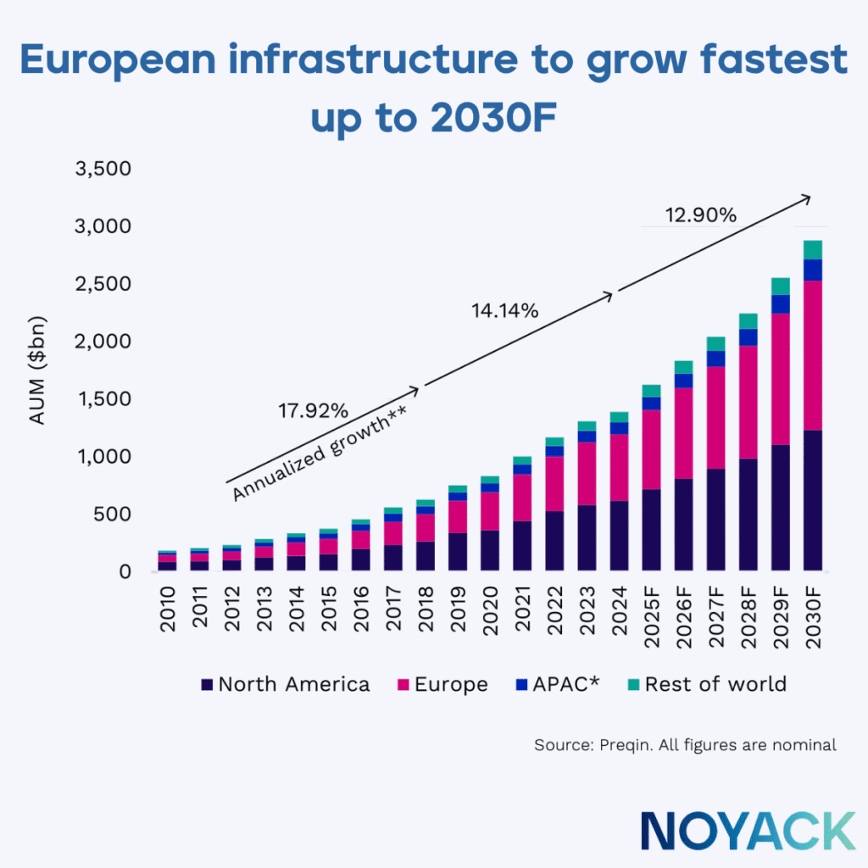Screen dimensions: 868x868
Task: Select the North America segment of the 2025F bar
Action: coord(652,530)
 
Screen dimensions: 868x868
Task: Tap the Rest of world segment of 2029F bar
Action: coord(780,287)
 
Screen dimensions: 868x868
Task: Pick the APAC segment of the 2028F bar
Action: coord(748,337)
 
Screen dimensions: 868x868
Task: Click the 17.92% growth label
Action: coord(313,411)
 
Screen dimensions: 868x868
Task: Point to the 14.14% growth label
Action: coord(505,311)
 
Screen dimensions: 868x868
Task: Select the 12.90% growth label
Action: coord(701,215)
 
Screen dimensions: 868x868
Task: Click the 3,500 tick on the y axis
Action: coord(103,169)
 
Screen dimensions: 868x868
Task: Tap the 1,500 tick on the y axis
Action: coord(103,399)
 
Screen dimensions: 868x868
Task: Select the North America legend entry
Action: coord(286,685)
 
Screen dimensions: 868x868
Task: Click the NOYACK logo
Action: coord(748,830)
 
